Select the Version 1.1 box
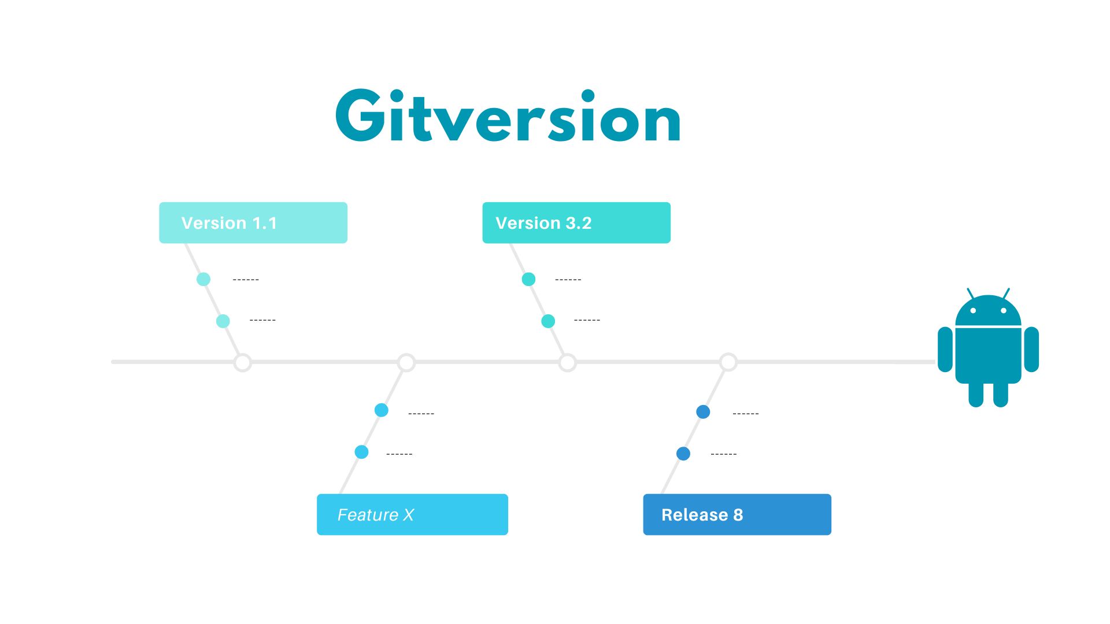point(253,222)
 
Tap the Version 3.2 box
point(576,222)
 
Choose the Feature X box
point(412,514)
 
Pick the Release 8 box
point(737,514)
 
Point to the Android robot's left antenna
point(971,294)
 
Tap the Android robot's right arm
point(1031,349)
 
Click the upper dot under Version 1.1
point(203,279)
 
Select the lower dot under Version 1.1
point(223,321)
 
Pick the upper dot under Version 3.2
point(528,279)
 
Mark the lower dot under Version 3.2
point(548,321)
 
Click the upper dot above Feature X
point(382,410)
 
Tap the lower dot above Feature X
point(362,452)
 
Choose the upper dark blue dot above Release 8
point(703,412)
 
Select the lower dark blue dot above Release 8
point(683,454)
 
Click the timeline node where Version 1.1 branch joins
point(243,363)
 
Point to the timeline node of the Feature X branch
point(406,363)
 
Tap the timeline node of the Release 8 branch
point(728,363)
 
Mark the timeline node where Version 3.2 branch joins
point(568,363)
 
